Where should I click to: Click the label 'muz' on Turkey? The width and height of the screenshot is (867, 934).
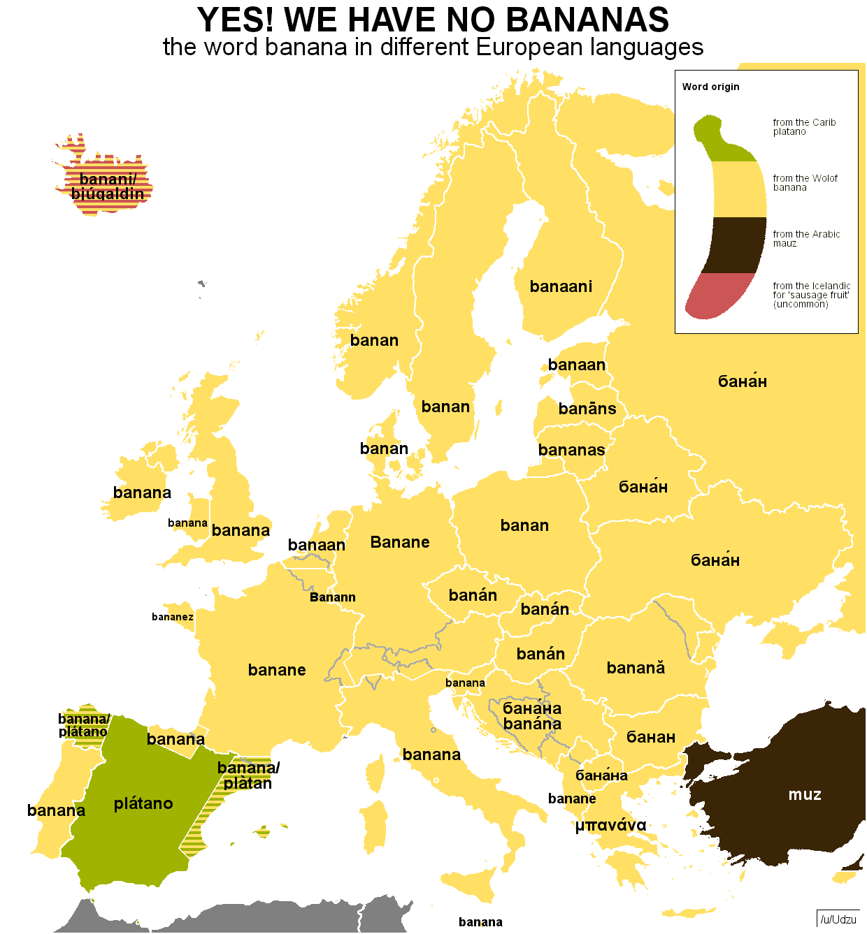(x=805, y=794)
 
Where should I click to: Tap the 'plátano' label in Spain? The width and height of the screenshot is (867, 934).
(x=143, y=803)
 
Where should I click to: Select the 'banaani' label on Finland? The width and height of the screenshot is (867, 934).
(x=561, y=286)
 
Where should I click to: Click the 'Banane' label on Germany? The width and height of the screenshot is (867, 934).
(x=400, y=542)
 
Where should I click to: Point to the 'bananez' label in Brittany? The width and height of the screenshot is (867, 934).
(x=173, y=617)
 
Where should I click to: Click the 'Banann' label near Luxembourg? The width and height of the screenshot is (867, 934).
(x=333, y=597)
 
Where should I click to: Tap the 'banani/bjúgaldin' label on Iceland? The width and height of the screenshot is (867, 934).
(x=108, y=187)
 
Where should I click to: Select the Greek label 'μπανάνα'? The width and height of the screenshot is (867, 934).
(x=610, y=825)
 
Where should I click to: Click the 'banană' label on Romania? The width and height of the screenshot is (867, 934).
(x=636, y=668)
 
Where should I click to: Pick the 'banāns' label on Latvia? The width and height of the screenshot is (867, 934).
(x=587, y=409)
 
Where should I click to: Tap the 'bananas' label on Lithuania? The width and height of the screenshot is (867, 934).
(x=571, y=450)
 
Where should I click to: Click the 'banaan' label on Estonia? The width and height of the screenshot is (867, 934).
(x=577, y=365)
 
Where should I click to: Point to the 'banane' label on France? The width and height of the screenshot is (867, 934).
(x=277, y=670)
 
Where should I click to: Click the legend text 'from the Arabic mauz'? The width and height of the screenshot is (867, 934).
(x=806, y=239)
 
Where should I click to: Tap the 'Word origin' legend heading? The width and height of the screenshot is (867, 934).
(x=710, y=87)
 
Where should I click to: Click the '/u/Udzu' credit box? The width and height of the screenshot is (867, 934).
(x=838, y=919)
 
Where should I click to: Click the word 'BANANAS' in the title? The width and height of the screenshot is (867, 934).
(x=587, y=20)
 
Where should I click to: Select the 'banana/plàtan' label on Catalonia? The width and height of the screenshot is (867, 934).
(x=248, y=775)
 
